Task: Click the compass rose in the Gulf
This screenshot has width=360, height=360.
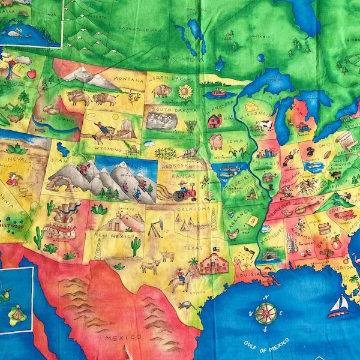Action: (x=265, y=313)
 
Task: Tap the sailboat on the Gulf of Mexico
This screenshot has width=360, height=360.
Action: (x=338, y=305)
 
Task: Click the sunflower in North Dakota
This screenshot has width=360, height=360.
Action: (x=185, y=92)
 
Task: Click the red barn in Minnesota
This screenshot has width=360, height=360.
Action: (x=215, y=121)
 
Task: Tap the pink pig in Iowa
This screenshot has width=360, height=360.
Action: (x=216, y=142)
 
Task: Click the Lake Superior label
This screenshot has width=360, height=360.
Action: (x=273, y=76)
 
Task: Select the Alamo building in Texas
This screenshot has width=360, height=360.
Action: (x=214, y=262)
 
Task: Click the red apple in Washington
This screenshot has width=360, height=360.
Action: (x=31, y=74)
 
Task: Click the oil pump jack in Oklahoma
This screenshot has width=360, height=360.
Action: (x=156, y=227)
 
